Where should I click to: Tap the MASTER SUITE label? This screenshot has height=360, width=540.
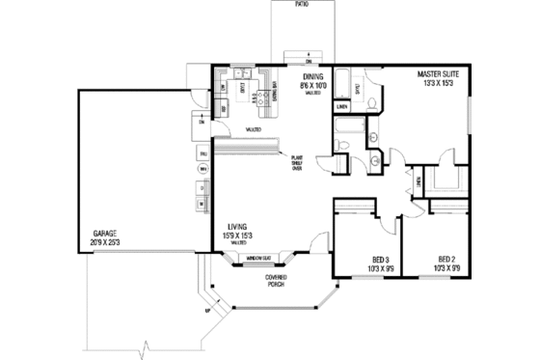click(436, 73)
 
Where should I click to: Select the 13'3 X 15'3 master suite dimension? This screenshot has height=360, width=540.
click(436, 84)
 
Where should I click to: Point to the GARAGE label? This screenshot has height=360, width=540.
click(105, 234)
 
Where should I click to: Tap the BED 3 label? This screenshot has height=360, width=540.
click(381, 259)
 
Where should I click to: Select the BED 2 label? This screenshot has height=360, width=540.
click(445, 259)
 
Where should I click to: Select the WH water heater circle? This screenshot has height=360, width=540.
click(203, 169)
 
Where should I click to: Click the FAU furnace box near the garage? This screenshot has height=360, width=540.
click(203, 153)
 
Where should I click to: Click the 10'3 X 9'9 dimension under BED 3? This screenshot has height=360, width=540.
click(381, 269)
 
